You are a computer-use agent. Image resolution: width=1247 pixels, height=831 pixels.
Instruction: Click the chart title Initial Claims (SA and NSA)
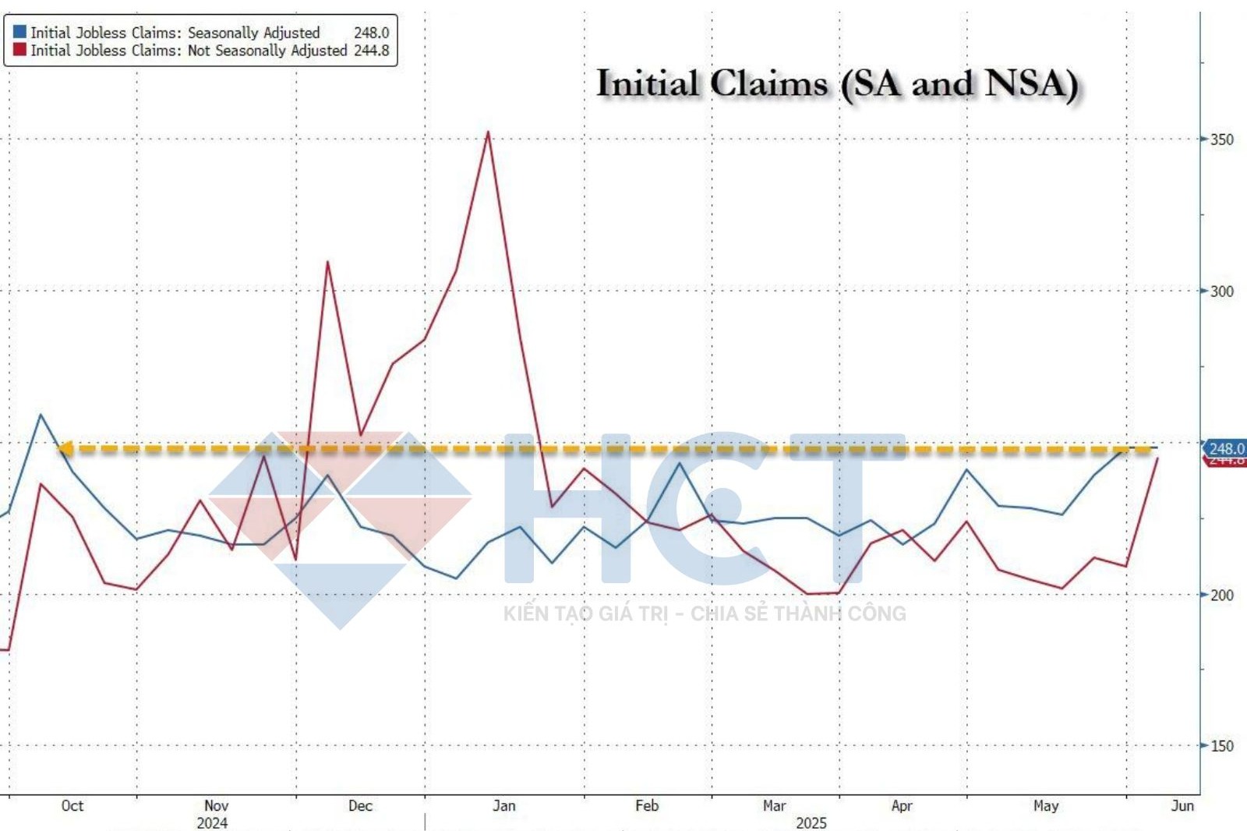click(x=837, y=84)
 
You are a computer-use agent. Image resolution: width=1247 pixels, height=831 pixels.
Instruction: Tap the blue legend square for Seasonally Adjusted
click(x=19, y=32)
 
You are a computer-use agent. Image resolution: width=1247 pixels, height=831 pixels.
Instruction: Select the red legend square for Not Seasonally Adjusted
click(x=19, y=50)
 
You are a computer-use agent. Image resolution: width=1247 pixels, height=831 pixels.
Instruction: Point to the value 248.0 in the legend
click(x=371, y=33)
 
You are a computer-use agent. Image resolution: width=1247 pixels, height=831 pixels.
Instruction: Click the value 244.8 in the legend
click(x=371, y=51)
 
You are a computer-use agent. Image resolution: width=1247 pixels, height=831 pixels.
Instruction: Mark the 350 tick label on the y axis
click(x=1221, y=140)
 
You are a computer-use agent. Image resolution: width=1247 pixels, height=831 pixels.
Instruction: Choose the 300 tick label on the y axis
click(x=1221, y=292)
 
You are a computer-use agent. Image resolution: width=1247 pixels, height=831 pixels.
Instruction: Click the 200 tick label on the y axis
click(x=1221, y=596)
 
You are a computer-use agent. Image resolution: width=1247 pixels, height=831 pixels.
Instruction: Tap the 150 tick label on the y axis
click(x=1221, y=747)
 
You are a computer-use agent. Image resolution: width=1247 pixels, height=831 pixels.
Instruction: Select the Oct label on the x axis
click(x=72, y=806)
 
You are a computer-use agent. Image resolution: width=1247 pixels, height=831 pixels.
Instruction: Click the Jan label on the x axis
click(x=503, y=806)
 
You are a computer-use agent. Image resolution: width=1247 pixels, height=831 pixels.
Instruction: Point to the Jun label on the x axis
click(x=1182, y=806)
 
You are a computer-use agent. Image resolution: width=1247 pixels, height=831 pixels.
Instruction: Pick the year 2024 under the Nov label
click(x=212, y=823)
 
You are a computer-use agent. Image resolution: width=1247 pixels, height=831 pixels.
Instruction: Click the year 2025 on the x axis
click(x=811, y=823)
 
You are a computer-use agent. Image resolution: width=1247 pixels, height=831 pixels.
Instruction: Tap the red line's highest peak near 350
click(x=488, y=133)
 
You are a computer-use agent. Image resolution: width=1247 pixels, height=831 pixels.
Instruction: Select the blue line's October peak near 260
click(x=41, y=415)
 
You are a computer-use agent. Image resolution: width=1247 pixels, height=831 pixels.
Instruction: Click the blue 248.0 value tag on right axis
click(x=1225, y=448)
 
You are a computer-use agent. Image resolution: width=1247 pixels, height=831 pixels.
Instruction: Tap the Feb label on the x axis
click(x=646, y=806)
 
